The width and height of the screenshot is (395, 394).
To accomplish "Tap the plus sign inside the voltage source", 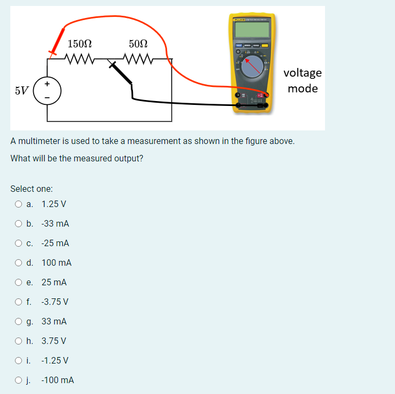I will pos(47,83).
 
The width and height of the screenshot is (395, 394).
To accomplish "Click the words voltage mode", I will pos(303,80).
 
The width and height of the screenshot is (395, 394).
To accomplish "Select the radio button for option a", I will pos(19,204).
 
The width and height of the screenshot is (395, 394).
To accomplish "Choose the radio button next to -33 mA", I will pos(19,224).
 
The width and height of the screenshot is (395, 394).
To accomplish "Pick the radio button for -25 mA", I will pos(19,243).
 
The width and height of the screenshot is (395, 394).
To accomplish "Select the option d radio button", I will pos(19,263).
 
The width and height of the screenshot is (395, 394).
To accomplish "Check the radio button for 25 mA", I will pos(19,283).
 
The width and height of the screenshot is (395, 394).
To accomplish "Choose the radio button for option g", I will pos(19,322).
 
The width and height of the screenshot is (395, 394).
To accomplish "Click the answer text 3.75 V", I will pos(54,341).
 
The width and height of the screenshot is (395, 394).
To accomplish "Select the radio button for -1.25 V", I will pos(19,361).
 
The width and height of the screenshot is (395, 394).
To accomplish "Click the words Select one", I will pos(31,189).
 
